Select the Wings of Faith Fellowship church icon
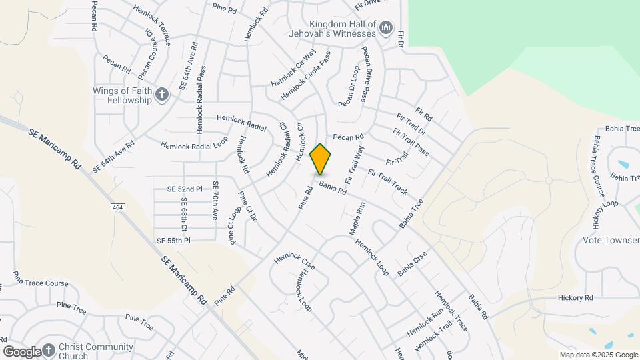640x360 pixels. pos(161,95)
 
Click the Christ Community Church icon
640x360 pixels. pos(48,350)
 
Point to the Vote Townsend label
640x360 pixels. pos(611,240)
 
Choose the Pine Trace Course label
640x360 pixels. pos(41,283)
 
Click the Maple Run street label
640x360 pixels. pos(358,219)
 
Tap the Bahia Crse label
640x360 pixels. pos(412,265)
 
